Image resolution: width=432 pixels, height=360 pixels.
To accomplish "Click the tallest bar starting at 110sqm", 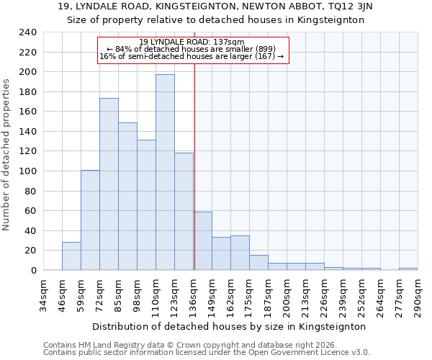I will click(165, 173).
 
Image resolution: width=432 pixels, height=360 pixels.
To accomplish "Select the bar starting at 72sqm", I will click(109, 184).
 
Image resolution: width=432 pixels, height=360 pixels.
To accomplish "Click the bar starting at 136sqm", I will click(202, 241).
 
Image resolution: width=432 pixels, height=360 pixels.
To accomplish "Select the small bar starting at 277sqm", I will click(408, 269).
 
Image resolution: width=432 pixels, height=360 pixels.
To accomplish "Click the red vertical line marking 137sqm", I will click(194, 180).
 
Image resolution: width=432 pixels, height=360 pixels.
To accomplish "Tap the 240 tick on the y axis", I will click(27, 32).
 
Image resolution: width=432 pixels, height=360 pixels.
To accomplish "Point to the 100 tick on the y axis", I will click(27, 171).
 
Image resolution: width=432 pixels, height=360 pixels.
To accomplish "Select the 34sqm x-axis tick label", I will click(43, 294).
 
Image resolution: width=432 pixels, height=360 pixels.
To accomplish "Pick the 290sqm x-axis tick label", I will click(418, 294).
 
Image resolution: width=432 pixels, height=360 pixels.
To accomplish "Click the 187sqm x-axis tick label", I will click(268, 294).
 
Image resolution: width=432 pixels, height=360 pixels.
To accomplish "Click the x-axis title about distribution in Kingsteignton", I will click(230, 326).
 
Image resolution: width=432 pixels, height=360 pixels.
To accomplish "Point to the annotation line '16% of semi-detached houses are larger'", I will click(192, 56).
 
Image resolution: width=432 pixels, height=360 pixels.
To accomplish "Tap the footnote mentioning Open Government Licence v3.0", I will click(207, 352).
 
